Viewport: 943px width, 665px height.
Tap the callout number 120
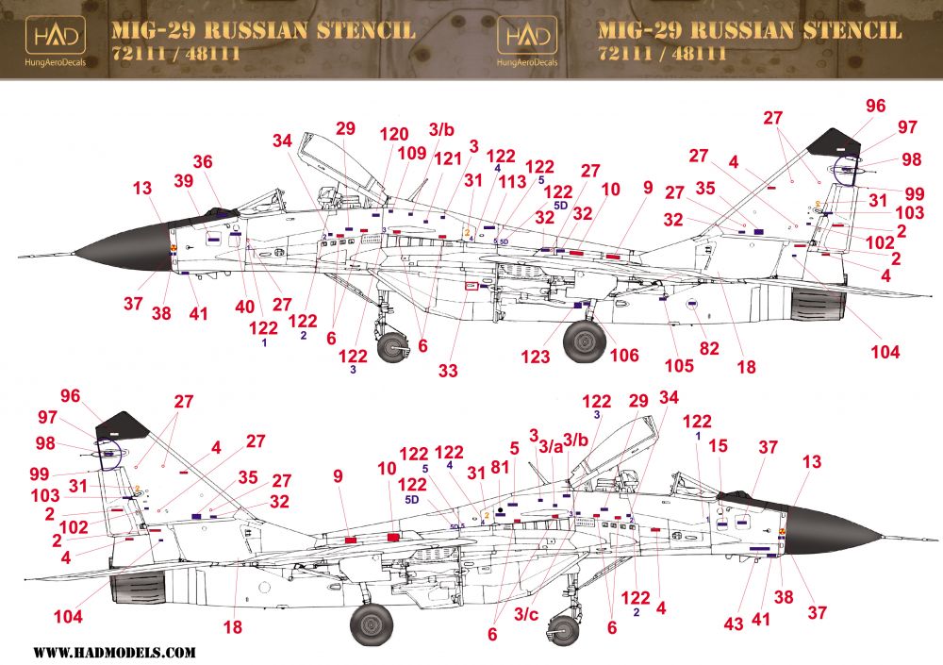pyautogui.click(x=394, y=134)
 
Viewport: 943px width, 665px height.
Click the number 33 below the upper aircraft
pyautogui.click(x=448, y=371)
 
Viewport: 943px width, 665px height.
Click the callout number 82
pyautogui.click(x=709, y=348)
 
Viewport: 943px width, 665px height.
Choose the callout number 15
pyautogui.click(x=719, y=444)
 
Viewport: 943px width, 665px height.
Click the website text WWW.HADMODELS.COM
pyautogui.click(x=115, y=652)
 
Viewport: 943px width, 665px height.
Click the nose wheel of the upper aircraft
pyautogui.click(x=393, y=348)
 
